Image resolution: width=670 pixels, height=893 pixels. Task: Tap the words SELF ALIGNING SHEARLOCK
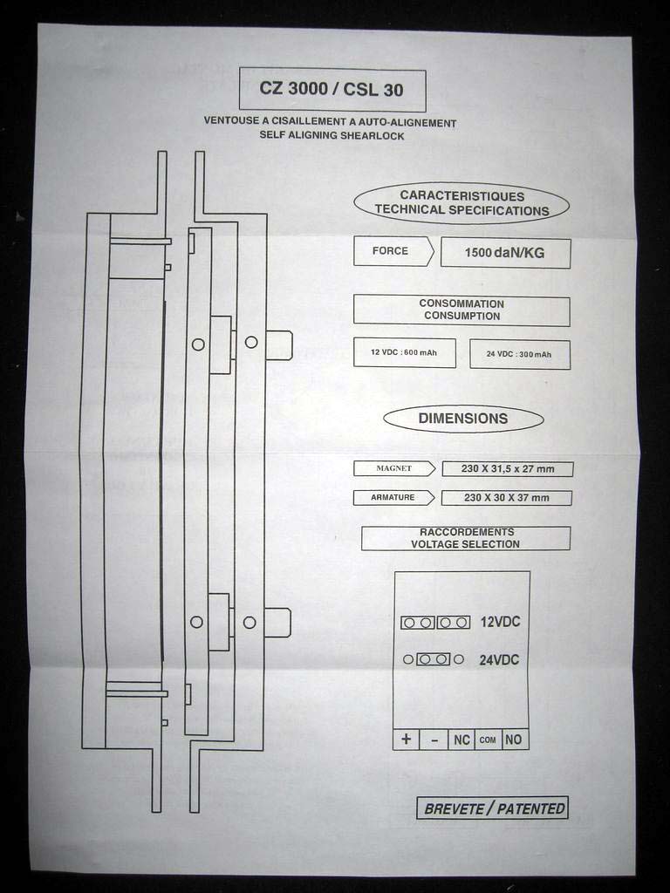332,135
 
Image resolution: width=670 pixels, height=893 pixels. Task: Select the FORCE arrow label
393,251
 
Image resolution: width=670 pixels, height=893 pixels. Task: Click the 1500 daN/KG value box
505,252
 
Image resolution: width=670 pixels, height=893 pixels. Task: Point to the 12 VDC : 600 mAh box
405,352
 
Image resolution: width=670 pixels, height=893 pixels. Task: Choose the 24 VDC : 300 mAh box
520,354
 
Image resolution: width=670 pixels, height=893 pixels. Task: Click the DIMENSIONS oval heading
463,419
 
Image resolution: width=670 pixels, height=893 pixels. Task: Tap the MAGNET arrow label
394,468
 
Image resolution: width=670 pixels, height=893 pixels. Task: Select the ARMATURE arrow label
393,497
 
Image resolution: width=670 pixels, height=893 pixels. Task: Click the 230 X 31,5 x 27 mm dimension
507,468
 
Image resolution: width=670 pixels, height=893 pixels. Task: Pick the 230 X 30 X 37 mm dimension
507,497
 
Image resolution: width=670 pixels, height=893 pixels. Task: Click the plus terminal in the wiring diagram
407,740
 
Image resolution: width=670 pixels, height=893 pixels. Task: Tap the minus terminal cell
434,740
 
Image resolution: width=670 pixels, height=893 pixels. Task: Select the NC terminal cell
461,740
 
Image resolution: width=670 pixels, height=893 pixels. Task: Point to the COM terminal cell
488,740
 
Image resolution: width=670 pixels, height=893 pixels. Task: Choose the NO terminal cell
515,740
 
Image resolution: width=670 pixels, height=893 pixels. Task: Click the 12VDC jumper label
500,621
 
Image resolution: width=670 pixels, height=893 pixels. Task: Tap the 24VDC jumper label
499,660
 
